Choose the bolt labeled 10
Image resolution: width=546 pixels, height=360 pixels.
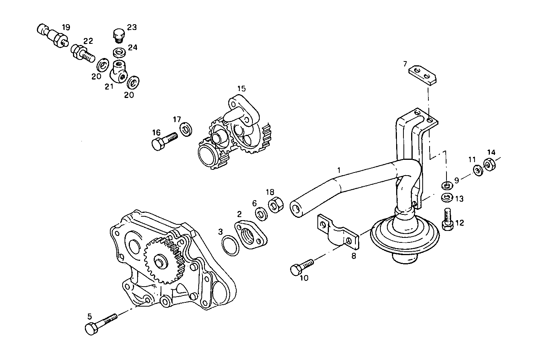point(302,267)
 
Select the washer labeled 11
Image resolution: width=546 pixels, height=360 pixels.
point(478,169)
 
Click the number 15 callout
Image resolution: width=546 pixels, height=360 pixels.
point(241,89)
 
